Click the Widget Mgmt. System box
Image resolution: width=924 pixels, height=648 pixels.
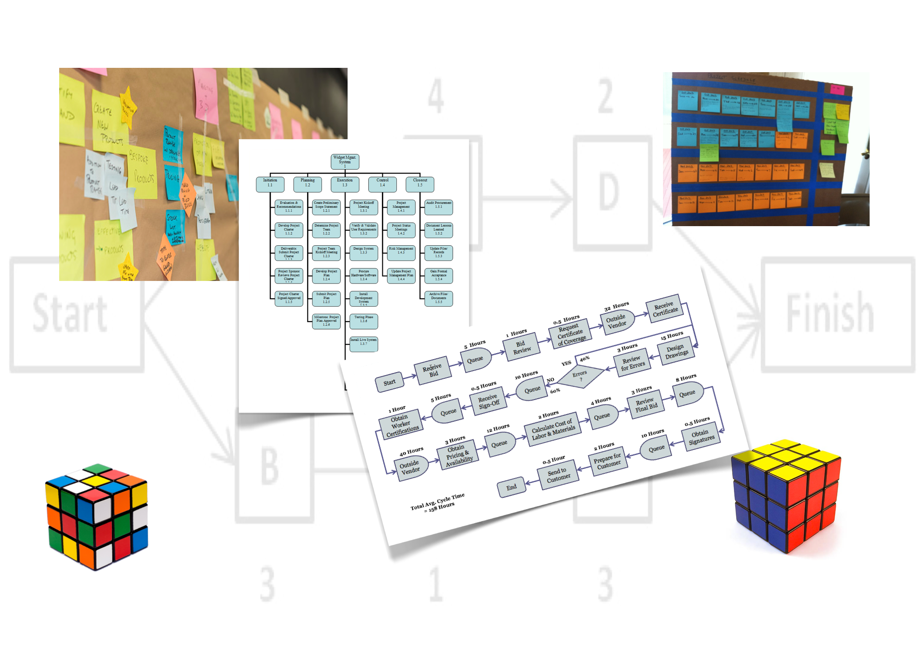[345, 161]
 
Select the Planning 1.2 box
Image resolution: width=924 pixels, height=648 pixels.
[307, 184]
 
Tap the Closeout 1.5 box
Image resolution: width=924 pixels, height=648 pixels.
[420, 184]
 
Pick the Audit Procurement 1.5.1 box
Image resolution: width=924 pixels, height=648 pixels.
[439, 207]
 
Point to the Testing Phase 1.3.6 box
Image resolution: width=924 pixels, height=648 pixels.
[364, 321]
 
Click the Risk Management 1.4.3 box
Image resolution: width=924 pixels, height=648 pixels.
[401, 253]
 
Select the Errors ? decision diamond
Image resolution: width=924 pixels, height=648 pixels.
[580, 376]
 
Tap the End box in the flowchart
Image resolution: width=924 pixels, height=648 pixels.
[512, 488]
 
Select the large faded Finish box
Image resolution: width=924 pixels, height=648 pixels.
[837, 314]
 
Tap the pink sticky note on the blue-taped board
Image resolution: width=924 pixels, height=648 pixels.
[837, 90]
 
